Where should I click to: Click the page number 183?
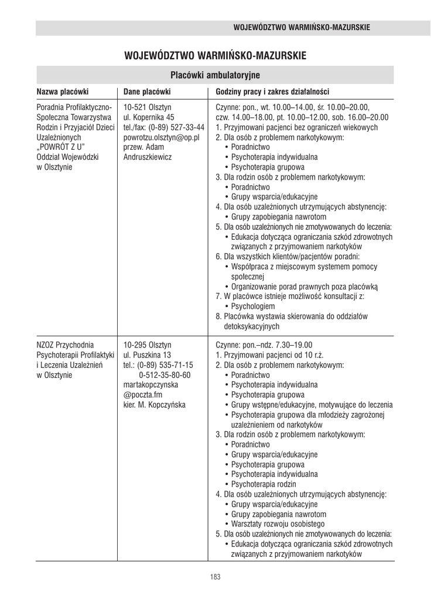click(215, 577)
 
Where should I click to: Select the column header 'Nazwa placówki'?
click(62, 92)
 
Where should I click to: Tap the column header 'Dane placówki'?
click(147, 92)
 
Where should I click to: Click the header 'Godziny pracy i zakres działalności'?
click(272, 92)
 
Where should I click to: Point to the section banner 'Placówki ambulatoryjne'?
click(215, 75)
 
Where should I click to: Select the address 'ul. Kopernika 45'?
click(149, 117)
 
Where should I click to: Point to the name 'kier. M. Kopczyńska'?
click(154, 404)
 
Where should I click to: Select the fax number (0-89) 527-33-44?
click(177, 127)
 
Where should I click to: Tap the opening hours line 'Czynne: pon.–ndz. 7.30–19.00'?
click(265, 345)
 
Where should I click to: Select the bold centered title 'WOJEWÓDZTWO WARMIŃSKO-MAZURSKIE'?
click(215, 56)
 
